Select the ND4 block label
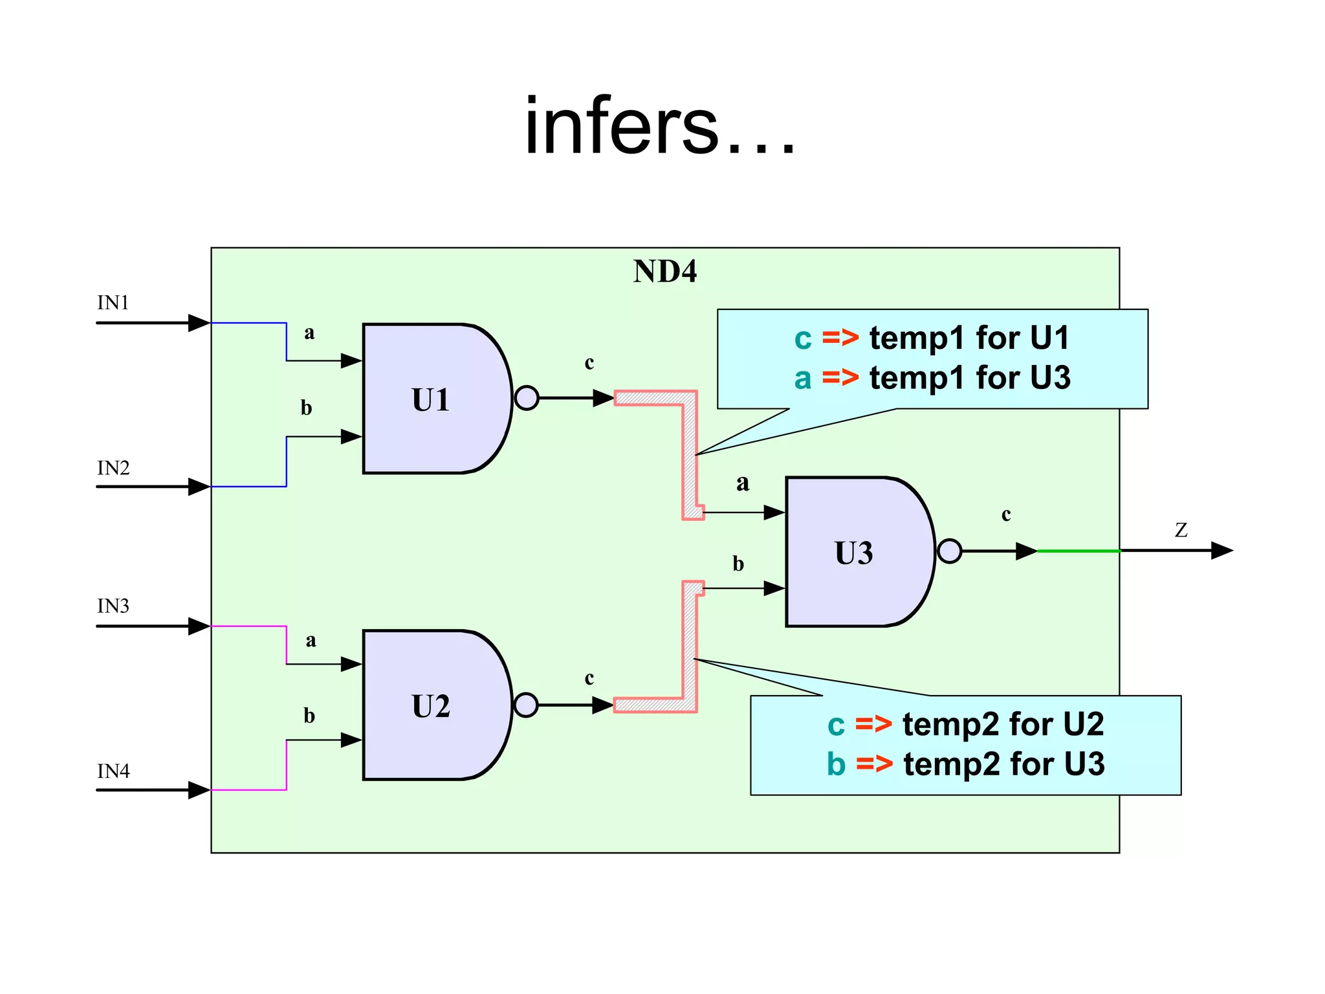pyautogui.click(x=664, y=271)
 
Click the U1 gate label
pyautogui.click(x=430, y=400)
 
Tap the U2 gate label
pyautogui.click(x=430, y=706)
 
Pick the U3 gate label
pyautogui.click(x=853, y=553)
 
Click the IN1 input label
pyautogui.click(x=113, y=302)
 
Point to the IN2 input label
pyautogui.click(x=113, y=468)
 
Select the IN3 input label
pyautogui.click(x=113, y=606)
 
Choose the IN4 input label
pyautogui.click(x=113, y=771)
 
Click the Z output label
pyautogui.click(x=1181, y=530)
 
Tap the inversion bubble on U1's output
pyautogui.click(x=527, y=398)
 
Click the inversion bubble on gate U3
pyautogui.click(x=949, y=551)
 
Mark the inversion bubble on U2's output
pyautogui.click(x=526, y=705)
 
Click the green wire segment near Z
pyautogui.click(x=1079, y=551)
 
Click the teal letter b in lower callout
pyautogui.click(x=836, y=764)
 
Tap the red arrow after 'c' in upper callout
pyautogui.click(x=840, y=338)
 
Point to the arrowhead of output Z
pyautogui.click(x=1221, y=551)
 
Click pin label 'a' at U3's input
pyautogui.click(x=742, y=483)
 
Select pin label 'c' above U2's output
pyautogui.click(x=589, y=678)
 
